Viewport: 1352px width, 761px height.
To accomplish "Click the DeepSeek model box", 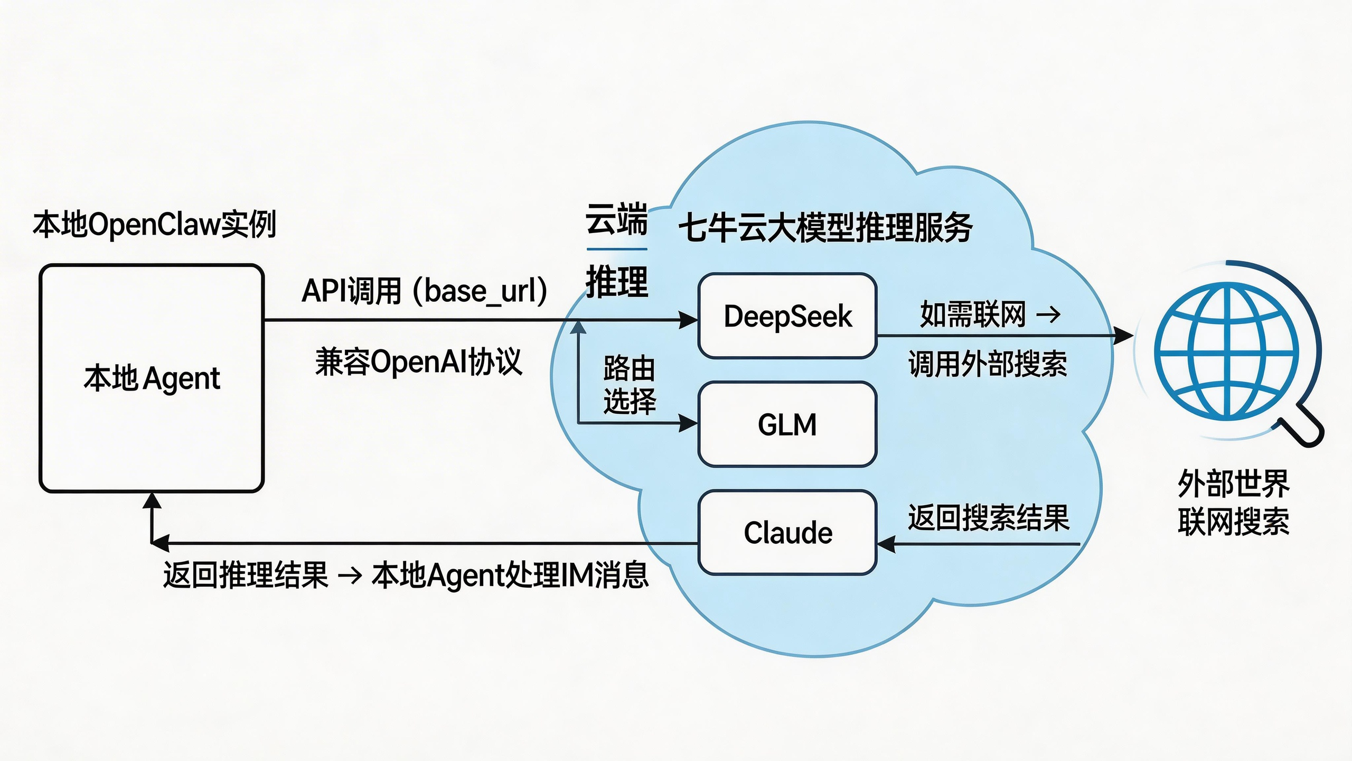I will [787, 316].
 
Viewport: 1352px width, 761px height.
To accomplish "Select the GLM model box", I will [787, 424].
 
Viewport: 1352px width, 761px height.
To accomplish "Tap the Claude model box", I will [787, 533].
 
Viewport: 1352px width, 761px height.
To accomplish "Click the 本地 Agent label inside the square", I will [152, 378].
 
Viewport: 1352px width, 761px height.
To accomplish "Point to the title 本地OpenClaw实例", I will [154, 224].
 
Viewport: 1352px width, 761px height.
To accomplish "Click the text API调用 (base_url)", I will [424, 291].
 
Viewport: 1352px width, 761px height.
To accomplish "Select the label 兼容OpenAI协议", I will [418, 363].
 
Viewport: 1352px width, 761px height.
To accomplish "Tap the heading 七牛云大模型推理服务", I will [825, 228].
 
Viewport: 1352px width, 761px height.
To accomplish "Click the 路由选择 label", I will [629, 384].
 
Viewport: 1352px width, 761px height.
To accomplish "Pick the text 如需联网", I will [973, 314].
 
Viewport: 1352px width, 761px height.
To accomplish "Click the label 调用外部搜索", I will [988, 364].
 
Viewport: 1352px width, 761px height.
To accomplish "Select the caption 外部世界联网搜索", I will [1234, 503].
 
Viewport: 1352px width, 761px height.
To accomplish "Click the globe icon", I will [1226, 351].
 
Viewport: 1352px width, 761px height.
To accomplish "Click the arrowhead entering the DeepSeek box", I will [689, 320].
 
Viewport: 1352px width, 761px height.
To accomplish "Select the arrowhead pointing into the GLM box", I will [689, 423].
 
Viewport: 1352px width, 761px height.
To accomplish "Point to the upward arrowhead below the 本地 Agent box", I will [152, 500].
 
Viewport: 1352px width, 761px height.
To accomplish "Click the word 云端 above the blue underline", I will [616, 219].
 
